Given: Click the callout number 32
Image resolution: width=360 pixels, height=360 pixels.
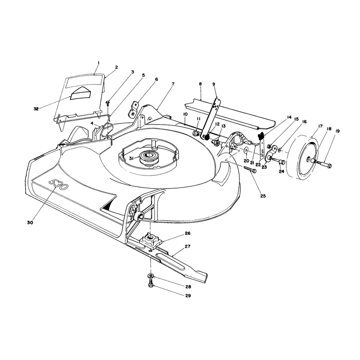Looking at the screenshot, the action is coord(36,109).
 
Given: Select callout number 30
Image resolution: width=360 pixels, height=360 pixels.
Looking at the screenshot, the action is coord(30,222).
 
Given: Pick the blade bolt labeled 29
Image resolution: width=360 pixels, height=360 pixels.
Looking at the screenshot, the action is coord(150,285).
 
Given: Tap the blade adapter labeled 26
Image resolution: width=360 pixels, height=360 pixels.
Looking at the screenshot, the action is coord(151,240).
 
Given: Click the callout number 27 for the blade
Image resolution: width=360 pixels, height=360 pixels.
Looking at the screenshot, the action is coord(188,247).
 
